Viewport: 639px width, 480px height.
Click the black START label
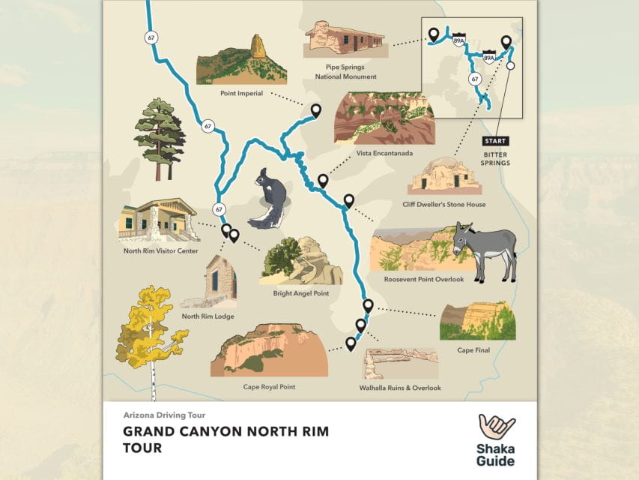click(495, 141)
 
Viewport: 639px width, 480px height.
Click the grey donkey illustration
click(485, 248)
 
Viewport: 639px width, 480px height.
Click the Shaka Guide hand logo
click(497, 428)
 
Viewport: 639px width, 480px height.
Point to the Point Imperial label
click(242, 94)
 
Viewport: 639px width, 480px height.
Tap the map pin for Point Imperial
click(315, 111)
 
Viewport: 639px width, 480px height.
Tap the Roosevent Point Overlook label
click(424, 280)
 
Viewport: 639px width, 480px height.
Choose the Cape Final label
click(473, 349)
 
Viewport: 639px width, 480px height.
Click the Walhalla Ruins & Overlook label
click(400, 388)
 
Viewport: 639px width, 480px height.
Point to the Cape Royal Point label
click(269, 387)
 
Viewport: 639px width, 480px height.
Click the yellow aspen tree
click(149, 328)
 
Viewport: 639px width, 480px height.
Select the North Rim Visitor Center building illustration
click(157, 220)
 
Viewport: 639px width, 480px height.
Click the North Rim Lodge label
click(208, 316)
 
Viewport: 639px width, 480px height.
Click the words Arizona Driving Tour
click(165, 415)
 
